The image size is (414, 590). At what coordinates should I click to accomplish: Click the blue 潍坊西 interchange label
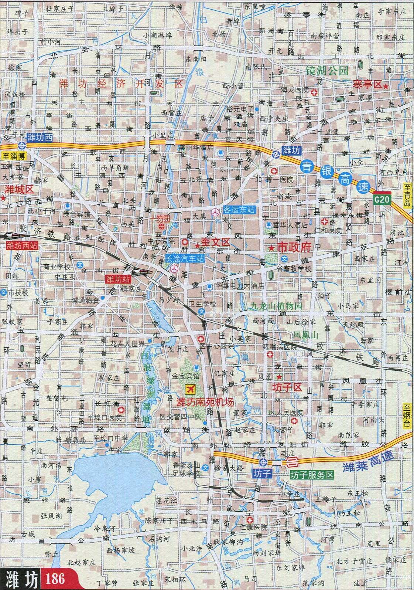(x=41, y=137)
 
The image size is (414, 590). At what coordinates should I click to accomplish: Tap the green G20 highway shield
(x=382, y=200)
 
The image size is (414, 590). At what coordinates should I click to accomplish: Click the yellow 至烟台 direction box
(x=407, y=416)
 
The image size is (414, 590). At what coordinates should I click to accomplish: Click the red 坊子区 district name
(x=287, y=388)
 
